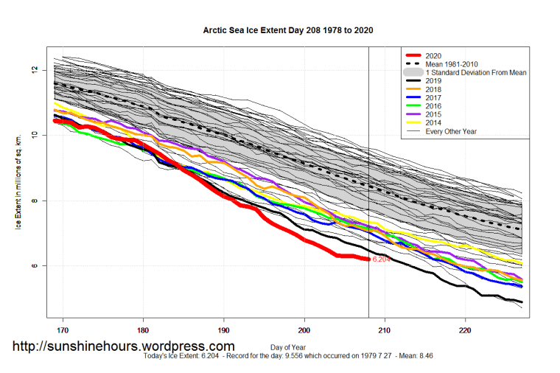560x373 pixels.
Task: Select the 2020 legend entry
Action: coord(434,55)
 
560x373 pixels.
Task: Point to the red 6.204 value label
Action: coord(381,259)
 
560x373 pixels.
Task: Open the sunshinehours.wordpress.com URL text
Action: coord(125,346)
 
